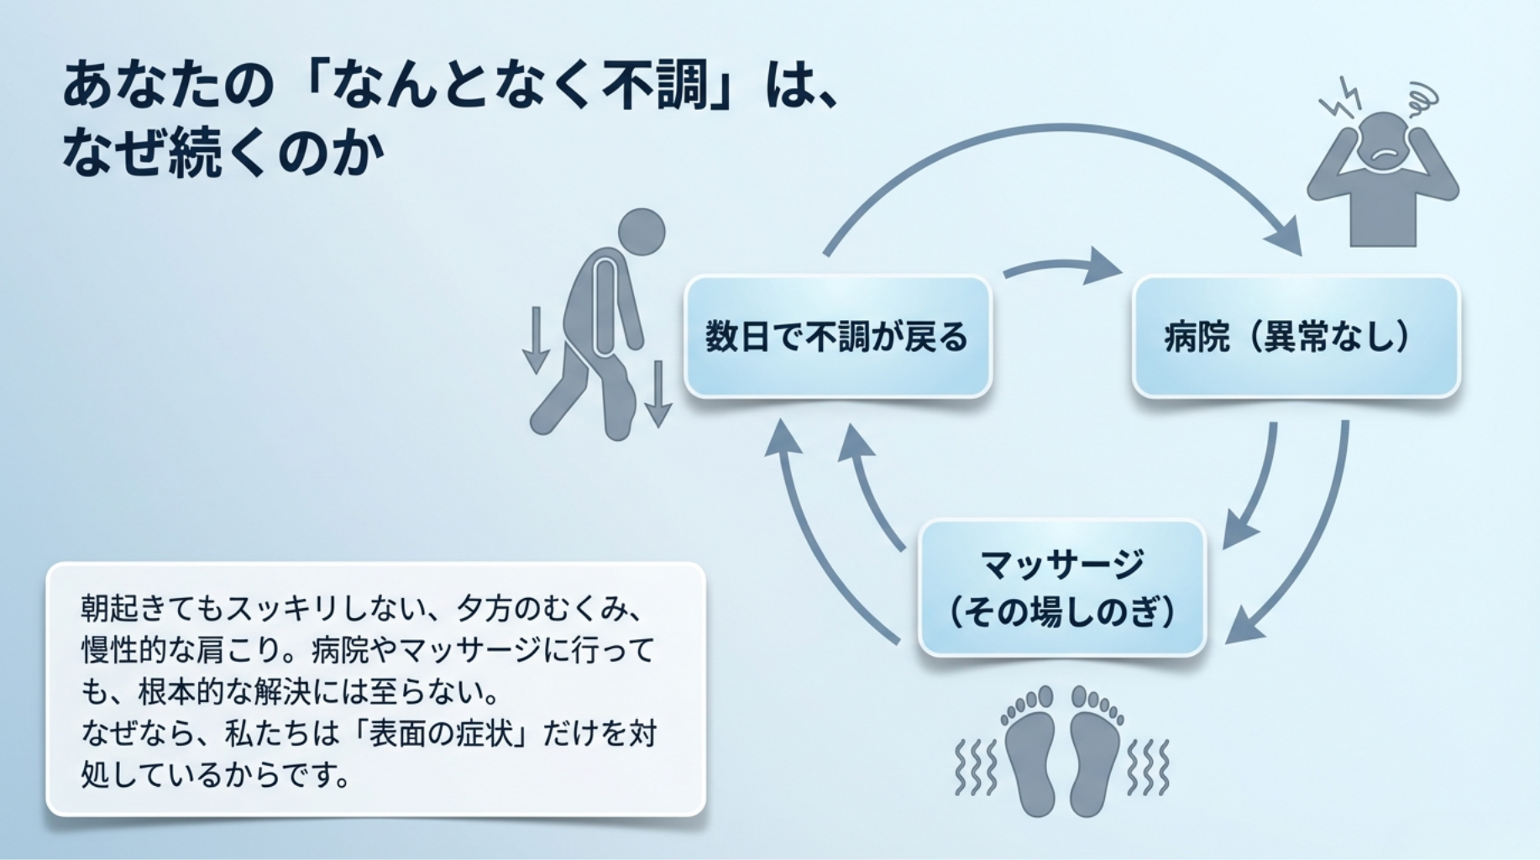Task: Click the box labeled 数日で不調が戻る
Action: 837,337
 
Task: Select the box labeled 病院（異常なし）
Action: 1296,337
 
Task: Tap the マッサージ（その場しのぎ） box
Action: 1062,588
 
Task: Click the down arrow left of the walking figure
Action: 536,340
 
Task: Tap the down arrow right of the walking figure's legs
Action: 657,394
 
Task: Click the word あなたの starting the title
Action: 168,87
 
